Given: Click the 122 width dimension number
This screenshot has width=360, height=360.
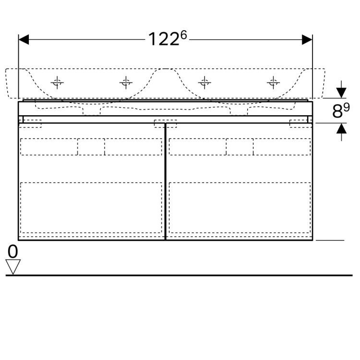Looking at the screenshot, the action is [x=164, y=39].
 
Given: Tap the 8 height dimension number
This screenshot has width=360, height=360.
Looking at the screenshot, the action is [x=337, y=112].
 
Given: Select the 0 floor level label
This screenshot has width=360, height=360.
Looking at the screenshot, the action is [x=12, y=251].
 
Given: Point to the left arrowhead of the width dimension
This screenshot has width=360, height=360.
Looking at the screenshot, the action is [x=24, y=39].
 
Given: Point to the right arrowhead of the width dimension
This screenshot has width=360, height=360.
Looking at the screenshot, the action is [x=307, y=39].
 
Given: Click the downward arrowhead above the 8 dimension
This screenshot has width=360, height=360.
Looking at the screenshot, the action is [x=341, y=93].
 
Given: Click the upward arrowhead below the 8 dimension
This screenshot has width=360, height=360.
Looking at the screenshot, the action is [x=341, y=128].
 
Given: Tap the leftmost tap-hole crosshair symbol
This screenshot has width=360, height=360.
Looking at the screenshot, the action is [x=57, y=83].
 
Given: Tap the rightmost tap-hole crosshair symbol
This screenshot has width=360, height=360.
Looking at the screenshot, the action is [x=273, y=83].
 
